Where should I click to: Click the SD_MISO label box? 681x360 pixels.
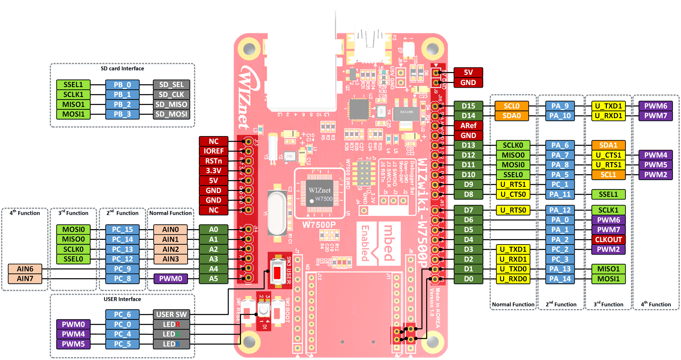[x=171, y=104]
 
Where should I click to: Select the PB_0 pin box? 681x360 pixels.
[x=122, y=85]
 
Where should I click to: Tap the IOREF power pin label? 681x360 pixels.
[x=213, y=151]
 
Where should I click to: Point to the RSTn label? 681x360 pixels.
[x=213, y=161]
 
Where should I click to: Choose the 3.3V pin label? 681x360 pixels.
[x=213, y=171]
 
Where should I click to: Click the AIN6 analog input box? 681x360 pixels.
[x=25, y=269]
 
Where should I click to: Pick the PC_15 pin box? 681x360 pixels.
[x=122, y=229]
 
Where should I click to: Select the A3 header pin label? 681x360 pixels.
[x=213, y=259]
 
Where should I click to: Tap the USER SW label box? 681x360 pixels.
[x=171, y=314]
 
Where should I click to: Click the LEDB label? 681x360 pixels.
[x=171, y=344]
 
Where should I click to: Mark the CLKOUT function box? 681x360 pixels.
[x=608, y=240]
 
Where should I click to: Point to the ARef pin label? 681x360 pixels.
[x=468, y=126]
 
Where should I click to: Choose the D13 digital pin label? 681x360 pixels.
[x=468, y=145]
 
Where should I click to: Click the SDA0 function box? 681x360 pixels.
[x=512, y=116]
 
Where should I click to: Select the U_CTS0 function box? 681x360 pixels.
[x=513, y=194]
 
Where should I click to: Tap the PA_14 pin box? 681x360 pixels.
[x=560, y=279]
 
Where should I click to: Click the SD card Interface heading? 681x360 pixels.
[x=122, y=68]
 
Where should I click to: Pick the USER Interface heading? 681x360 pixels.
[x=122, y=299]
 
